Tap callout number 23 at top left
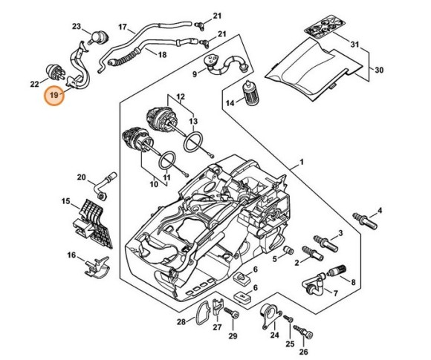tap(77, 27)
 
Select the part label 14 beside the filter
tap(230, 103)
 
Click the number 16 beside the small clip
tap(71, 256)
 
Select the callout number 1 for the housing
tap(302, 162)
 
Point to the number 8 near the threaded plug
tap(353, 282)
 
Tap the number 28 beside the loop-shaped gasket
tap(181, 322)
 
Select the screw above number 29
tap(236, 318)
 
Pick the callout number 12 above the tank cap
tap(181, 96)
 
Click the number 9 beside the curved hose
tap(195, 74)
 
